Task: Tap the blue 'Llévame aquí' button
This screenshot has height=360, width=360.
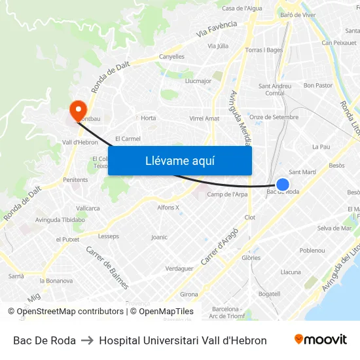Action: pos(179,160)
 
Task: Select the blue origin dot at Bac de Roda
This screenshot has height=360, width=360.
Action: pos(283,185)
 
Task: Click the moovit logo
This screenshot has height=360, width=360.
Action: pos(320,340)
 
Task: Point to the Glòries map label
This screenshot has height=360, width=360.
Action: pos(251,258)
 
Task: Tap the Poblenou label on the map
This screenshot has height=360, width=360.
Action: pos(312,251)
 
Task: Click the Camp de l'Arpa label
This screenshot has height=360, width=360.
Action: pos(227,194)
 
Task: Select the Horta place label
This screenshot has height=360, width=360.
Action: pos(149,118)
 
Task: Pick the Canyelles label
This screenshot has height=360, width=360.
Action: pos(171,57)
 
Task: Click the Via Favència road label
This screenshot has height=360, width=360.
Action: pos(216,28)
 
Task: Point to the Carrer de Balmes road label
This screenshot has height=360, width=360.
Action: pos(107,266)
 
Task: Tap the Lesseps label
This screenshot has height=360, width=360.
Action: pos(108,236)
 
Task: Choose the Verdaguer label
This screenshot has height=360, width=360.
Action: pos(179,268)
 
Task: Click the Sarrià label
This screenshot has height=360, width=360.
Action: pos(16,276)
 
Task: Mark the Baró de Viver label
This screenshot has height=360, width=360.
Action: pos(298,14)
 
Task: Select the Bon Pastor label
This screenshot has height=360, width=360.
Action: pos(318,85)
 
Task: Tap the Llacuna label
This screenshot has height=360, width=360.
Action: pos(291,272)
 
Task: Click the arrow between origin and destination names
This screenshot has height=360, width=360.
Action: pos(87,340)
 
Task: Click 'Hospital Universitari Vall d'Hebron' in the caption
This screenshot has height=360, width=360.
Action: pos(183,340)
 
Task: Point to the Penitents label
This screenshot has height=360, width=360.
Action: pos(75,179)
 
